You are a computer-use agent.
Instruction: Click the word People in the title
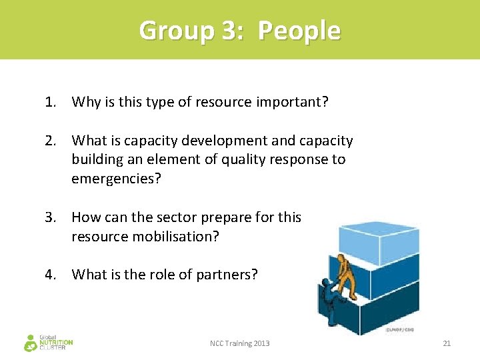coord(299,31)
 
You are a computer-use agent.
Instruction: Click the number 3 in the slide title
coord(225,31)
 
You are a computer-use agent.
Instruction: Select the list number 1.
coord(50,102)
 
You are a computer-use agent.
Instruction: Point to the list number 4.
coord(50,274)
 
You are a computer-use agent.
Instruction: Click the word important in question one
coord(292,102)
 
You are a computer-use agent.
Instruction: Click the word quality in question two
coord(243,159)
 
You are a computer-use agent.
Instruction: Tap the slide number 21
coord(447,343)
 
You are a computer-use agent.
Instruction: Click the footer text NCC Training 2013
coord(240,343)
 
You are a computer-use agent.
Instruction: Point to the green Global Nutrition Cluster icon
coord(30,343)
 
